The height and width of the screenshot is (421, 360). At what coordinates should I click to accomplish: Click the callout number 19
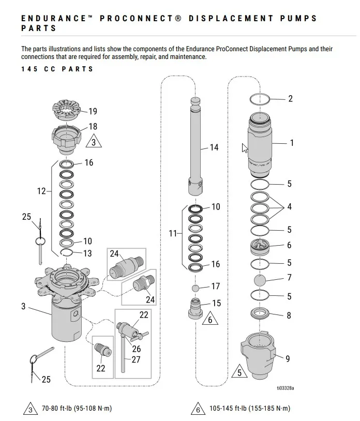click(x=93, y=111)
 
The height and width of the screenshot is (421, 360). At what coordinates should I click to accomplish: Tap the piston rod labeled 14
click(x=195, y=146)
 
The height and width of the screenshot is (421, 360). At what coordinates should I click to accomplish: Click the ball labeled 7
click(x=260, y=280)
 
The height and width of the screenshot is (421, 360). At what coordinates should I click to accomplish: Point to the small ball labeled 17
click(x=196, y=289)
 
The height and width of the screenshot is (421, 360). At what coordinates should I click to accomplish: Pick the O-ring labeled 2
click(x=260, y=99)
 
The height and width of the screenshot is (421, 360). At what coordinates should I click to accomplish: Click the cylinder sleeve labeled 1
click(x=260, y=145)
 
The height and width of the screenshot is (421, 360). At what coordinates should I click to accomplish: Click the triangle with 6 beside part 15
click(x=210, y=318)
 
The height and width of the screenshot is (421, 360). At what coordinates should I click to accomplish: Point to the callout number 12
click(x=41, y=191)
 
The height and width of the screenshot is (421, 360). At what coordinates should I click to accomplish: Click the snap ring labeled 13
click(x=66, y=252)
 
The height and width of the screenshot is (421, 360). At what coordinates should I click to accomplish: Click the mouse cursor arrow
click(x=245, y=148)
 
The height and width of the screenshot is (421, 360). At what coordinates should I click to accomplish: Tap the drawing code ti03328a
click(x=286, y=388)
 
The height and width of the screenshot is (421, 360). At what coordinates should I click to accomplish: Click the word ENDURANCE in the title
click(x=54, y=18)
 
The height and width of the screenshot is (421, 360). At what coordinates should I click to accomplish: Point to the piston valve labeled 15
click(x=196, y=308)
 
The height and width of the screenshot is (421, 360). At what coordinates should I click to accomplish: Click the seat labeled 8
click(x=259, y=313)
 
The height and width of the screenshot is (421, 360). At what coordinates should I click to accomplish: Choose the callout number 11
click(x=172, y=233)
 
